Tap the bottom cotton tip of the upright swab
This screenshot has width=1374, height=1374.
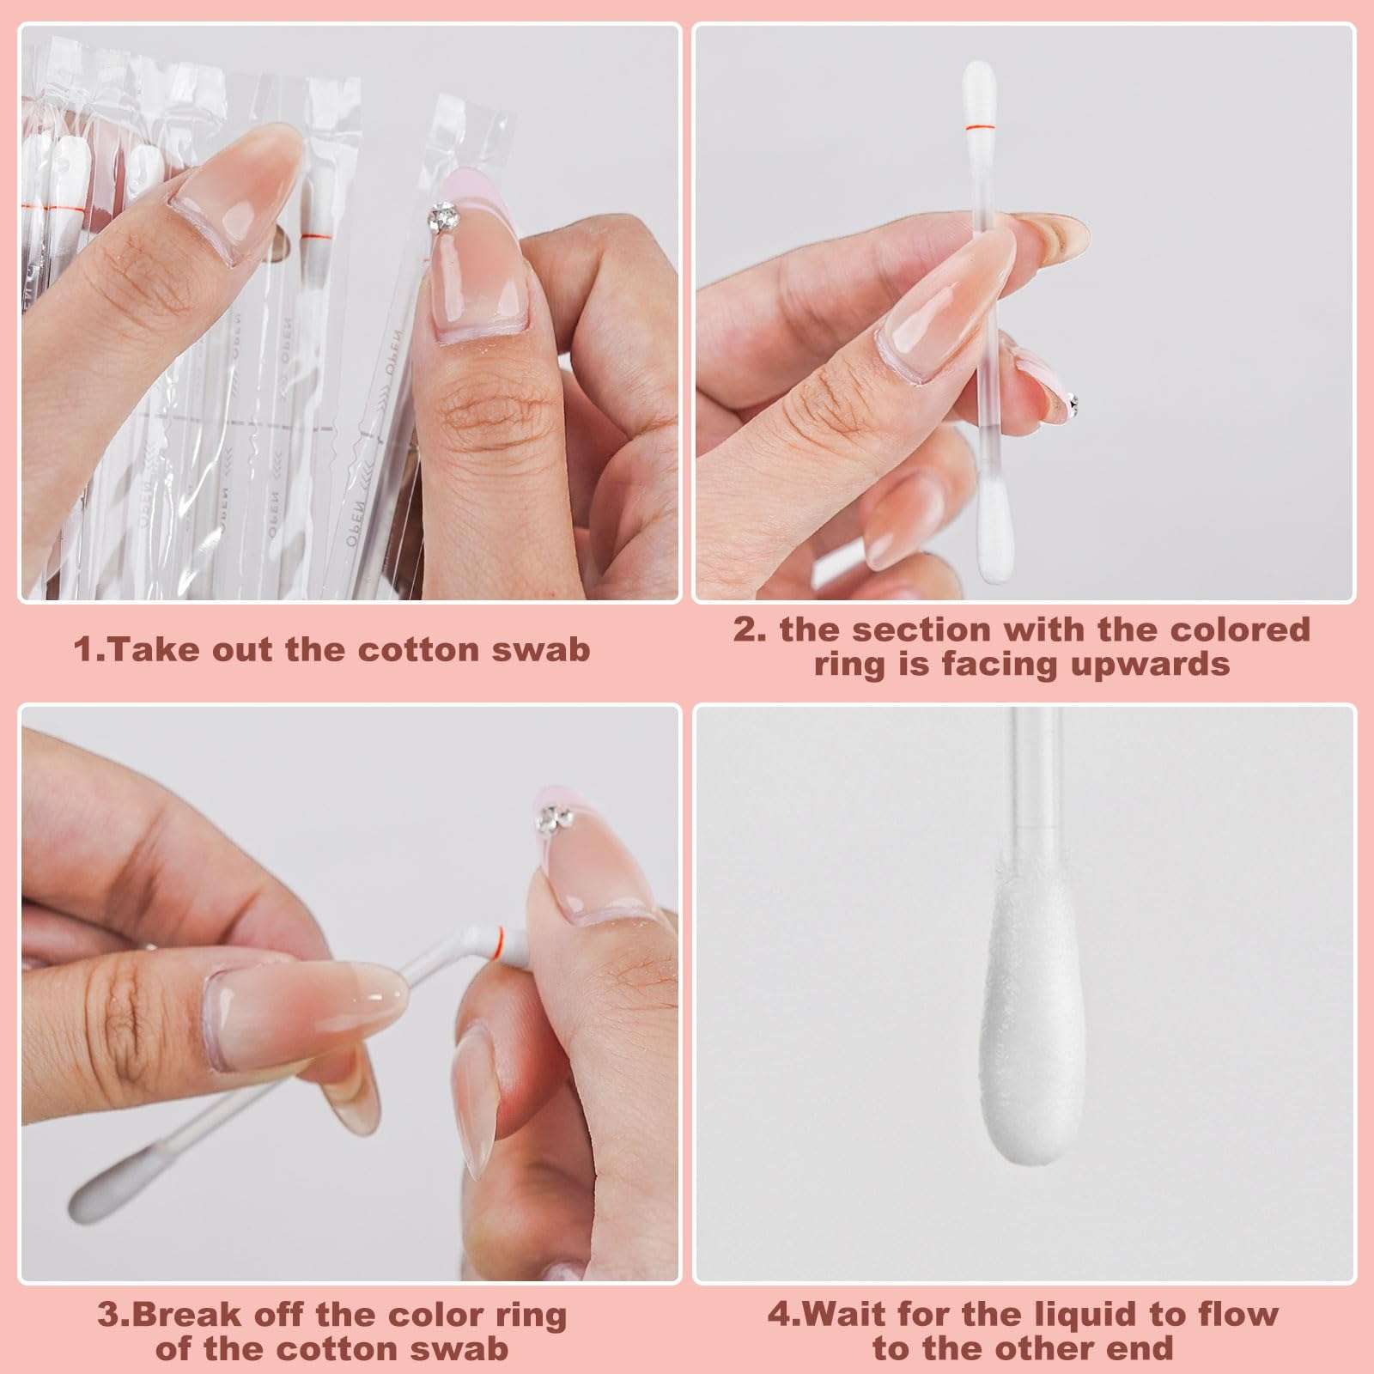pyautogui.click(x=996, y=525)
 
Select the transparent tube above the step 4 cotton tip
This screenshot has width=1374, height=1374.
pyautogui.click(x=1029, y=773)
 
